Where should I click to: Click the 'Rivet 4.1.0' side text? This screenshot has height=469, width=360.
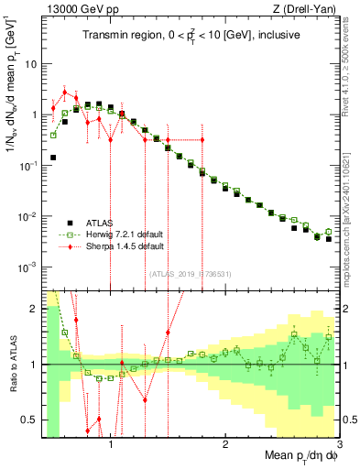352,64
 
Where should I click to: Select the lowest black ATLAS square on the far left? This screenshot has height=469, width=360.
53,158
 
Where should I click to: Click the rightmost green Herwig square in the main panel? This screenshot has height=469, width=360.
329,231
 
